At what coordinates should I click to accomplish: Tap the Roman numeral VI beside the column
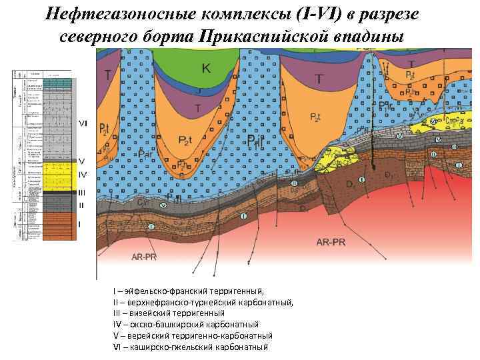pos(83,123)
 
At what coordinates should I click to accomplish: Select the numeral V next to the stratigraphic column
pos(81,161)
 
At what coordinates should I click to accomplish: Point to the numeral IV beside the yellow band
pos(83,174)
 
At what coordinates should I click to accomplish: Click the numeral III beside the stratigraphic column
pos(82,193)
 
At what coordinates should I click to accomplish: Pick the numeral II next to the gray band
pos(81,205)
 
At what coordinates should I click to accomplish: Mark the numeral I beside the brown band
pos(80,225)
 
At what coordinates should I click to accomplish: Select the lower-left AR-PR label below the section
pos(145,257)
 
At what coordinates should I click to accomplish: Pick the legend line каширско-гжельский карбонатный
pos(191,347)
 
